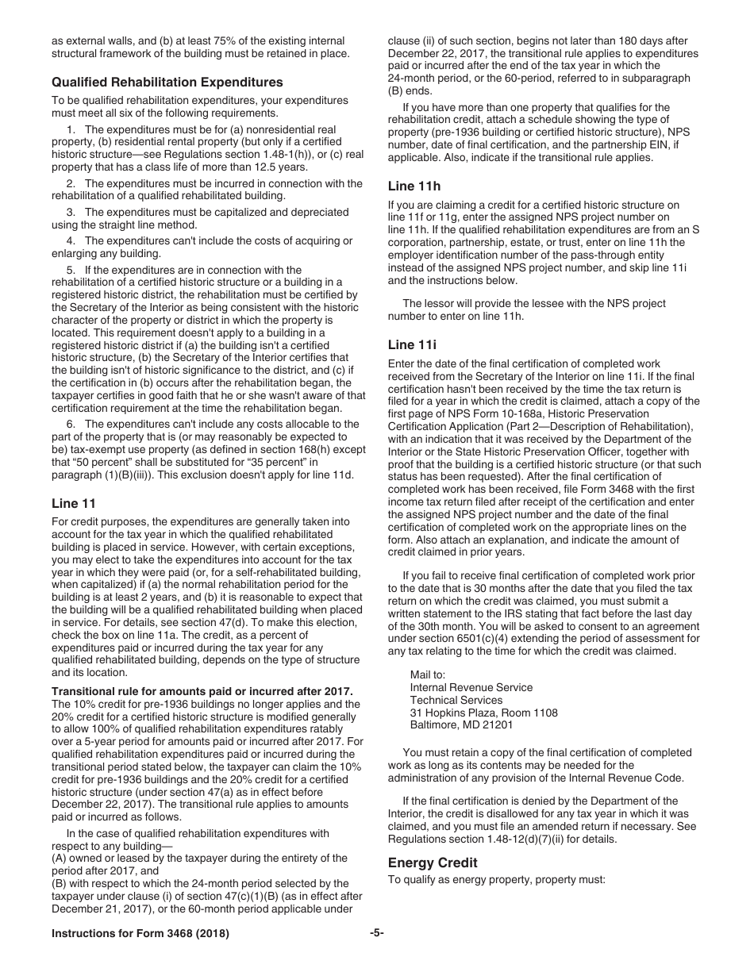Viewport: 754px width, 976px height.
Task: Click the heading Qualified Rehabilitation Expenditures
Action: pyautogui.click(x=167, y=83)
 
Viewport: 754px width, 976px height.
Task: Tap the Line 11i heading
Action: pyautogui.click(x=412, y=344)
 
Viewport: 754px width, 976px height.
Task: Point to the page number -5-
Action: pyautogui.click(x=376, y=934)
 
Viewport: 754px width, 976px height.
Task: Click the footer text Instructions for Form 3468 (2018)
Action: pyautogui.click(x=140, y=934)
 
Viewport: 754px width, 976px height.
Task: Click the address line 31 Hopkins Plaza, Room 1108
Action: pyautogui.click(x=483, y=713)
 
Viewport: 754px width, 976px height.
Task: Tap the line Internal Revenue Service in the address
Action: pyautogui.click(x=471, y=687)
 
